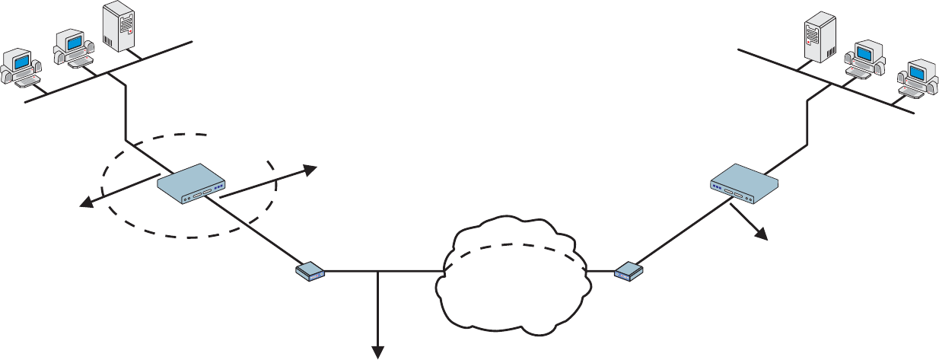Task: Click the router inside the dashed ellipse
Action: pyautogui.click(x=192, y=183)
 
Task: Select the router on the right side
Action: pyautogui.click(x=745, y=183)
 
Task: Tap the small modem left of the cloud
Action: pyautogui.click(x=310, y=271)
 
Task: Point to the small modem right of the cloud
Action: pyautogui.click(x=629, y=271)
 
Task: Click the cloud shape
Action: pyautogui.click(x=510, y=297)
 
